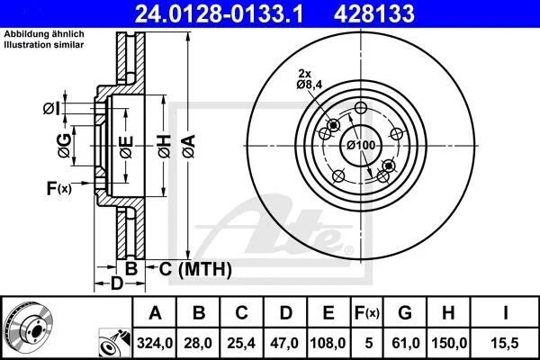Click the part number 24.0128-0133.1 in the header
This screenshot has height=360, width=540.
click(x=219, y=13)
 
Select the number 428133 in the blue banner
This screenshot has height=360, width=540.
click(x=374, y=13)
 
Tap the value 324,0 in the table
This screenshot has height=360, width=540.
click(x=155, y=343)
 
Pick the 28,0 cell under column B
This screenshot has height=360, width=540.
click(x=198, y=343)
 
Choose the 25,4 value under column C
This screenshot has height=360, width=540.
click(x=241, y=343)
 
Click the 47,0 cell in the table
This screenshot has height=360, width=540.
click(x=284, y=343)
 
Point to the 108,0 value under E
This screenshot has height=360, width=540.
click(x=328, y=343)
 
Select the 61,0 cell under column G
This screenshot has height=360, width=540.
click(x=406, y=343)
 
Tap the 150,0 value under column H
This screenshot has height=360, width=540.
click(x=449, y=343)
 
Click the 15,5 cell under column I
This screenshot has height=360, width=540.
click(x=505, y=343)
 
